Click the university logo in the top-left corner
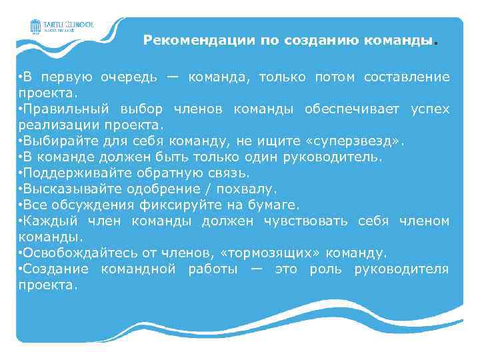[x=61, y=27]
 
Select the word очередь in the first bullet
[x=129, y=77]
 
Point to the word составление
[x=407, y=77]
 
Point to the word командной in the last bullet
[x=138, y=269]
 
